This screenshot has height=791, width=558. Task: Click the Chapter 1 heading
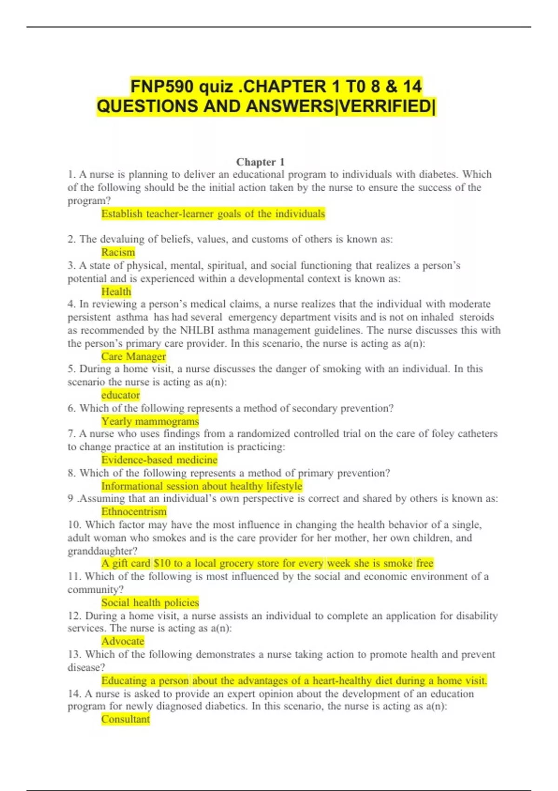pos(260,162)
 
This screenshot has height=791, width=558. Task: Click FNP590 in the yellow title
pos(159,87)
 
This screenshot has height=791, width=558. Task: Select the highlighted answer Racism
pos(118,252)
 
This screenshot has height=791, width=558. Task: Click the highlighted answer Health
pos(116,292)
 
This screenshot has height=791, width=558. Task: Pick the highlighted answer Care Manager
pos(133,356)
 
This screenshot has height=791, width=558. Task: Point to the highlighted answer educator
pos(120,395)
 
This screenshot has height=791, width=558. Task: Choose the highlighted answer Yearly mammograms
pos(150,421)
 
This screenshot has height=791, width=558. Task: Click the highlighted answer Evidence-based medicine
pos(159,460)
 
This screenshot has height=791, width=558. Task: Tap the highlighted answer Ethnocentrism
pos(134,511)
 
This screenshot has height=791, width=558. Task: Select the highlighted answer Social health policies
pos(150,603)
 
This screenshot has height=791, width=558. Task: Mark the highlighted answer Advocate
pos(123,641)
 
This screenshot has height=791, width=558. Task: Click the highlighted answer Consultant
pos(126,719)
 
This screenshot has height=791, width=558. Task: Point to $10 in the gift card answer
pos(162,563)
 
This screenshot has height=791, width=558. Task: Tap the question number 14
pos(74,694)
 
